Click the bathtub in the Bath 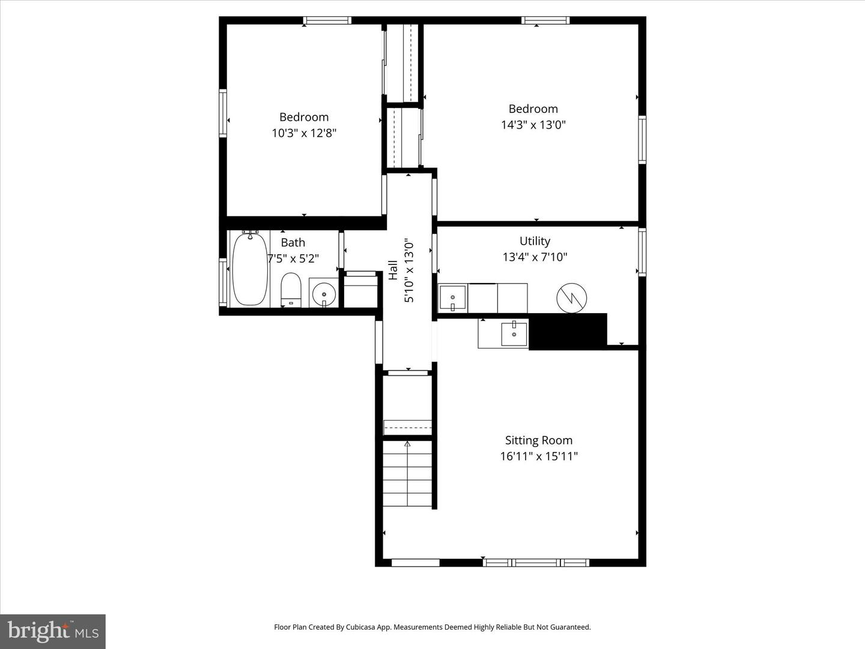(249, 269)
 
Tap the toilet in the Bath (291, 290)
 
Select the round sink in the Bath (324, 293)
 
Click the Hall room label (393, 270)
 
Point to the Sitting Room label (538, 440)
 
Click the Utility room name (535, 241)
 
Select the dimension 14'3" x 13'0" (533, 125)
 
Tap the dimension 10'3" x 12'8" (304, 133)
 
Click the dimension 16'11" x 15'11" (538, 456)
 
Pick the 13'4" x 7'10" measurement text (535, 257)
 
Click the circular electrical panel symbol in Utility (572, 297)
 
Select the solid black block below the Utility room (568, 331)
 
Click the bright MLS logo (53, 631)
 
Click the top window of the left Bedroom (327, 20)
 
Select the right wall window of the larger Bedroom (642, 139)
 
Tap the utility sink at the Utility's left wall (452, 297)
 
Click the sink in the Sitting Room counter (514, 334)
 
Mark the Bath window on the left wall (223, 282)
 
